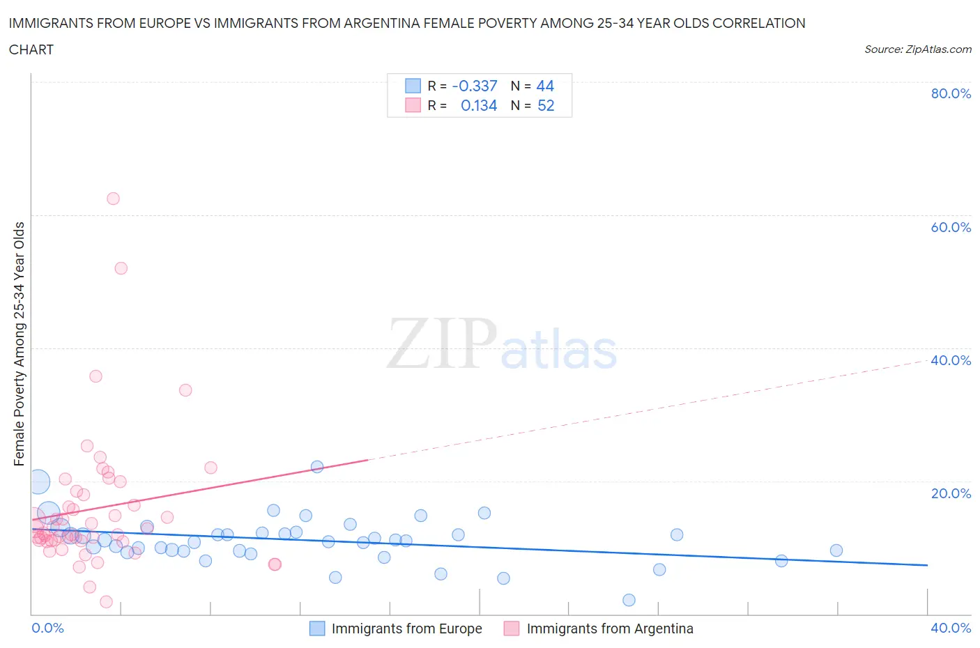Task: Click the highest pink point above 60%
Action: [x=113, y=199]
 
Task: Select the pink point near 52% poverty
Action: [x=121, y=268]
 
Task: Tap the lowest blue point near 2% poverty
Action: [x=629, y=600]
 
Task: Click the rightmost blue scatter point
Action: [x=836, y=550]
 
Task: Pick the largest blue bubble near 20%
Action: [x=39, y=481]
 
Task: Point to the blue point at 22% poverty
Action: [x=317, y=467]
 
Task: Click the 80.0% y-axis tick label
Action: [x=951, y=93]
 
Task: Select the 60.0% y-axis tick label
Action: [x=951, y=227]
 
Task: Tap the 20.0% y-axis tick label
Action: [x=951, y=493]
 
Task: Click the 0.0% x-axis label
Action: [x=47, y=628]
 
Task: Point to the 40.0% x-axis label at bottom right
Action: [x=951, y=628]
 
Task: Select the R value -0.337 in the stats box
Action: [x=475, y=86]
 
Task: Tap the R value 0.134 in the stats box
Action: [x=479, y=105]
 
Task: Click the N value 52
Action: [x=546, y=105]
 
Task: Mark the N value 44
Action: [x=545, y=86]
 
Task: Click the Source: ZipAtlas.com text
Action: [x=917, y=49]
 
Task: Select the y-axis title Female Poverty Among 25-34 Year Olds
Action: [x=19, y=344]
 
